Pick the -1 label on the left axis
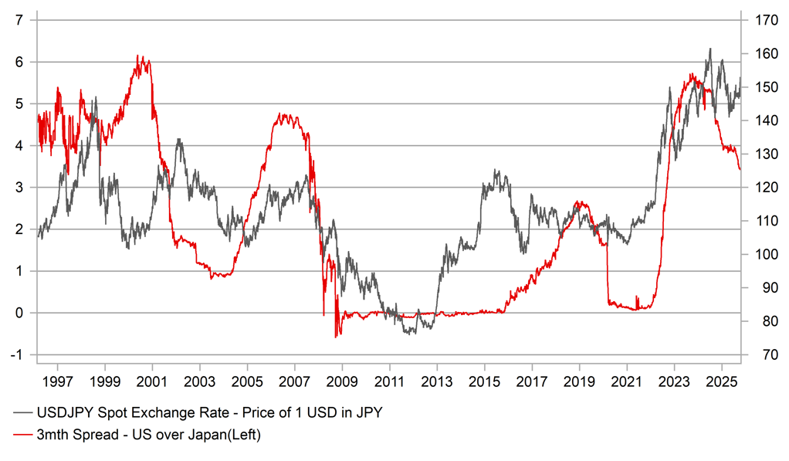tap(16, 354)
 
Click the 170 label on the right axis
tap(760, 20)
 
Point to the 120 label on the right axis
tap(760, 188)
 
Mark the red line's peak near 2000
tap(137, 56)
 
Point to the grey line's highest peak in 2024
tap(709, 49)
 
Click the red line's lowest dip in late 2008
tap(336, 337)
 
